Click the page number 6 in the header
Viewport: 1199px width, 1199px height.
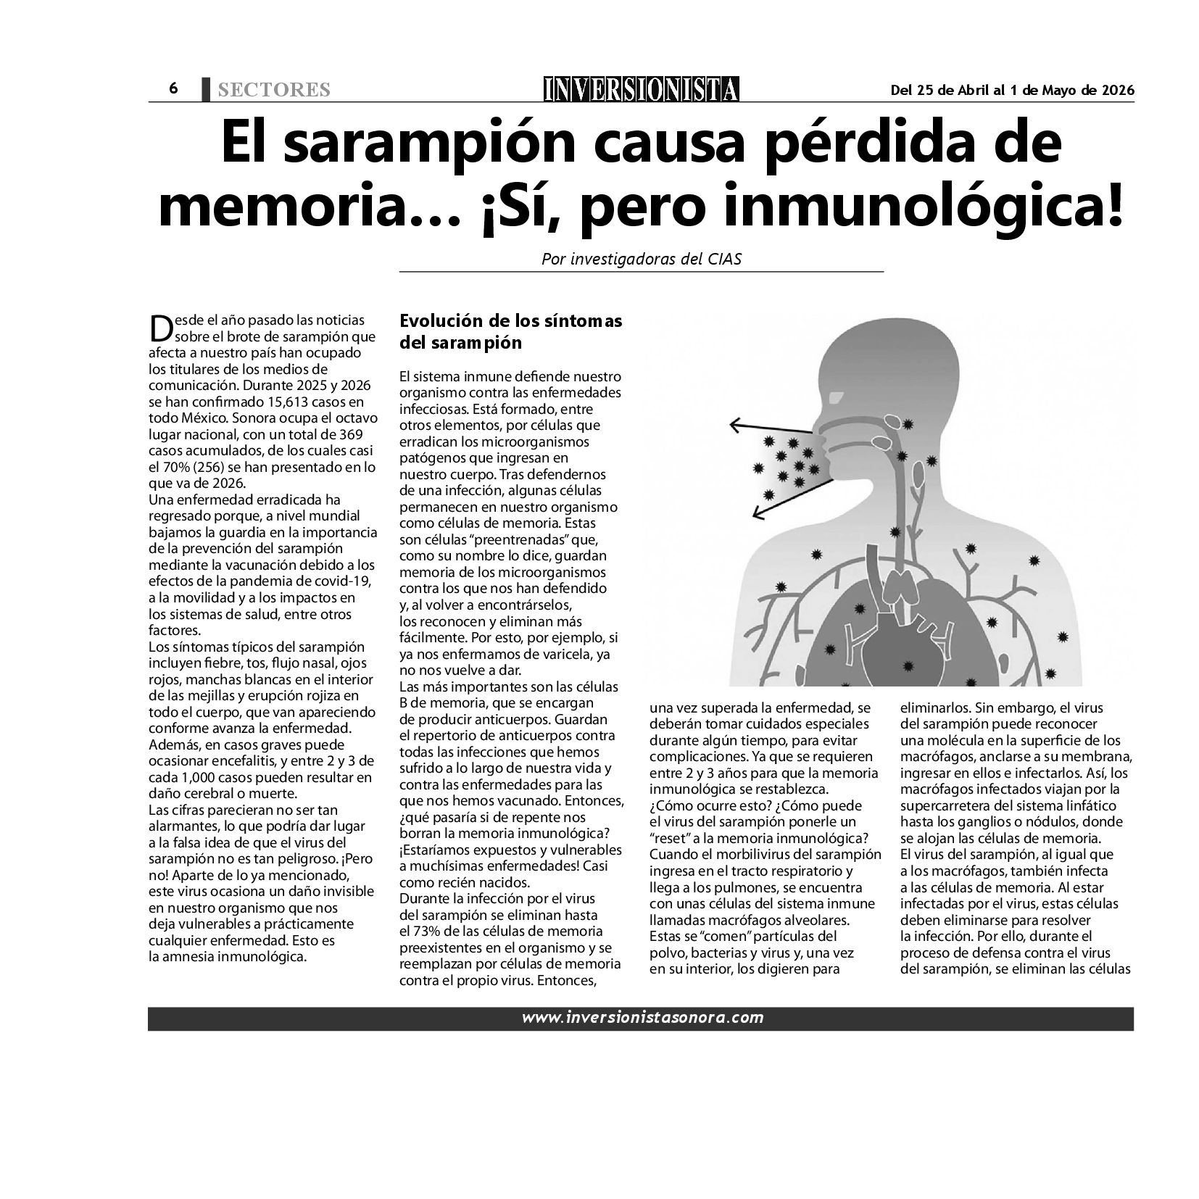(x=173, y=88)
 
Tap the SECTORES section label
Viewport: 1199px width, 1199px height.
(x=273, y=90)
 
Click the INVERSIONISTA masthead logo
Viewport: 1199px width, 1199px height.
(x=642, y=89)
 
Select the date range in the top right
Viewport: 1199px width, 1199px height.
(x=1012, y=90)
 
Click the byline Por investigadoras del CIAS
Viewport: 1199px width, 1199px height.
(x=642, y=259)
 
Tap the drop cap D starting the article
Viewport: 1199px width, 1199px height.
(x=159, y=328)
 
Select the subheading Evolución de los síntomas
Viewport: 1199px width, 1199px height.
(x=511, y=321)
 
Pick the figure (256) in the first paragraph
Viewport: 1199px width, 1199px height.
(x=188, y=467)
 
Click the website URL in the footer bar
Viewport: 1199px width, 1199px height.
(x=642, y=1018)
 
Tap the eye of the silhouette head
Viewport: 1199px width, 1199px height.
(x=836, y=398)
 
